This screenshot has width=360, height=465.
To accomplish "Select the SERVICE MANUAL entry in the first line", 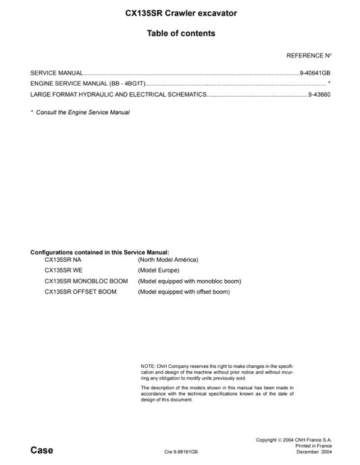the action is coord(57,72).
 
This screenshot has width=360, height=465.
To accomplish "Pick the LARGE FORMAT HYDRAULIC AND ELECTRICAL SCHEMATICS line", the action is coord(118,95).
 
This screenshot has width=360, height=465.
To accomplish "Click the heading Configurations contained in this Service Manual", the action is coord(99,252).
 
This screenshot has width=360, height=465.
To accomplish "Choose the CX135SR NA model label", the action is coord(63,260).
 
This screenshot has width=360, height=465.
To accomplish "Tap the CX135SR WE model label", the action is coord(63,271).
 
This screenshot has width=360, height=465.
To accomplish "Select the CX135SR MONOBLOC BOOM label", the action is coord(86,281).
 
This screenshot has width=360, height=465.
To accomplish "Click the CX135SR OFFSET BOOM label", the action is coord(80,292).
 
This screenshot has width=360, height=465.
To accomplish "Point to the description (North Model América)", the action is coord(168,260).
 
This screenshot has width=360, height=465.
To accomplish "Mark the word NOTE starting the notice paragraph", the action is coord(148,366).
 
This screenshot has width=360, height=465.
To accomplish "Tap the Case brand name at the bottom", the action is coord(42,450).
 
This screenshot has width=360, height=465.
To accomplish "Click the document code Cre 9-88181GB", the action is coord(180,452).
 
